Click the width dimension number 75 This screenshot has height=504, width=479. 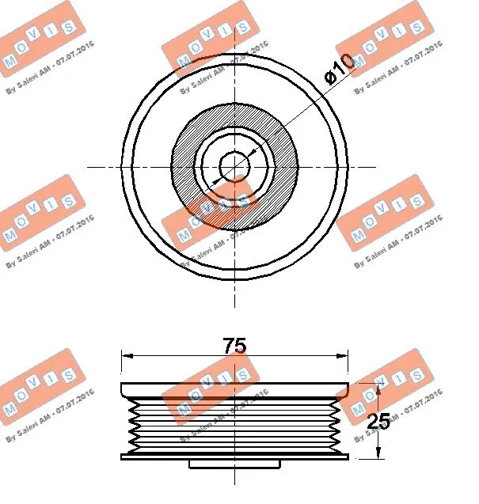(x=234, y=346)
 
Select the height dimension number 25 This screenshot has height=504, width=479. (x=378, y=421)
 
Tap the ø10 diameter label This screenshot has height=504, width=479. (x=338, y=73)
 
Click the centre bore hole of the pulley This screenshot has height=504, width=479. (x=234, y=166)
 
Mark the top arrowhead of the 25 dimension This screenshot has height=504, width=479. (x=379, y=388)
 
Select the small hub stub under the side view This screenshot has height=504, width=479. (x=234, y=463)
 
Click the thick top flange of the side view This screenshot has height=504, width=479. (x=234, y=390)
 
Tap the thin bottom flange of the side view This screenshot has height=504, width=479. (x=234, y=457)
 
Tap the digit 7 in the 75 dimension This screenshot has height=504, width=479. (x=229, y=346)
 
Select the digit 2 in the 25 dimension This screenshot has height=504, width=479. (x=373, y=421)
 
